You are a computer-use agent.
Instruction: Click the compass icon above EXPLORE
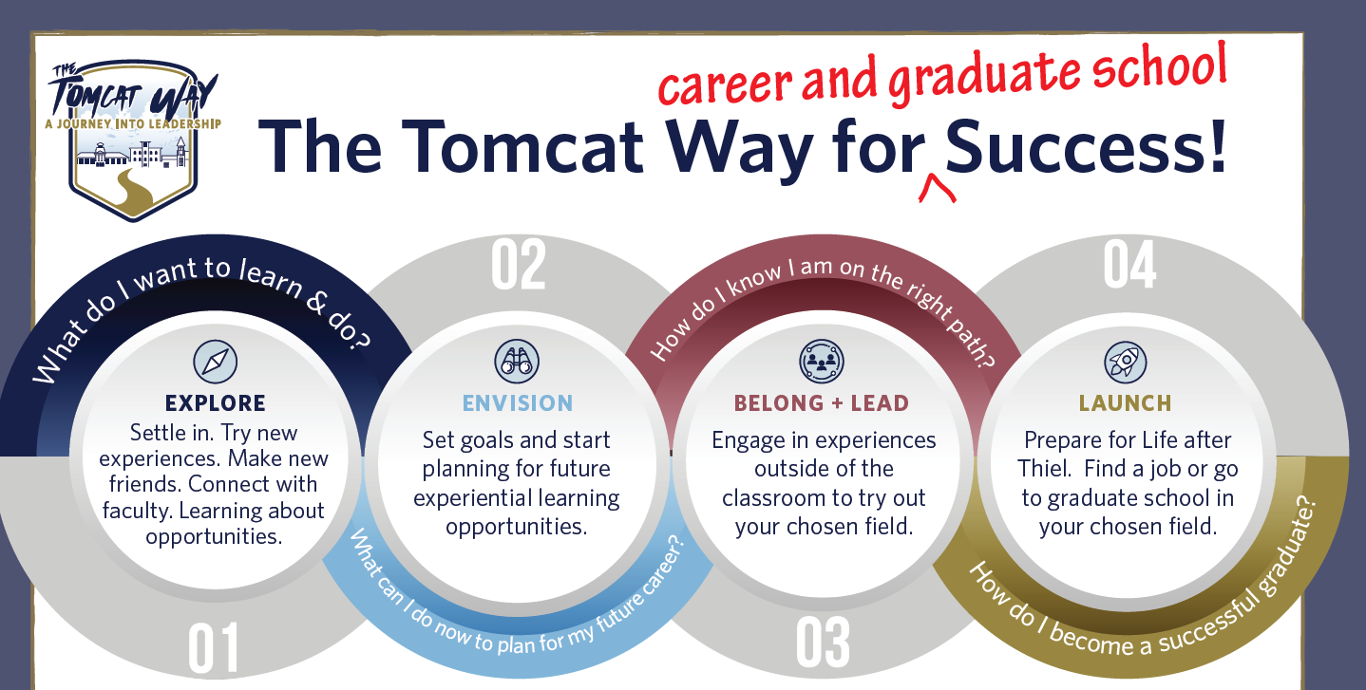pyautogui.click(x=215, y=362)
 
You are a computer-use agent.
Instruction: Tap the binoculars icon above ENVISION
pyautogui.click(x=518, y=361)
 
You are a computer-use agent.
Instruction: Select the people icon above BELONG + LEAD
pyautogui.click(x=822, y=361)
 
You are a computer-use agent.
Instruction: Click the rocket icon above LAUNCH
pyautogui.click(x=1126, y=361)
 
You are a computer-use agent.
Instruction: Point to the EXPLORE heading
pyautogui.click(x=215, y=403)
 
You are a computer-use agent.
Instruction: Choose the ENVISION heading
pyautogui.click(x=518, y=403)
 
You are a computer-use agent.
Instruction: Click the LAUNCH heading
pyautogui.click(x=1126, y=403)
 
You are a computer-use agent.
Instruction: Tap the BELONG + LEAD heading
pyautogui.click(x=822, y=403)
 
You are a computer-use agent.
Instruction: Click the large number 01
pyautogui.click(x=214, y=648)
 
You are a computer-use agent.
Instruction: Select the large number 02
pyautogui.click(x=519, y=267)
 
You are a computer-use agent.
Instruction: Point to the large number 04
pyautogui.click(x=1129, y=266)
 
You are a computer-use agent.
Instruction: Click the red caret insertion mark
pyautogui.click(x=937, y=190)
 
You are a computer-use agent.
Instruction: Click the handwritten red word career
pyautogui.click(x=722, y=85)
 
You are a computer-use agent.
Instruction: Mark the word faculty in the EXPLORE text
pyautogui.click(x=139, y=511)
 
